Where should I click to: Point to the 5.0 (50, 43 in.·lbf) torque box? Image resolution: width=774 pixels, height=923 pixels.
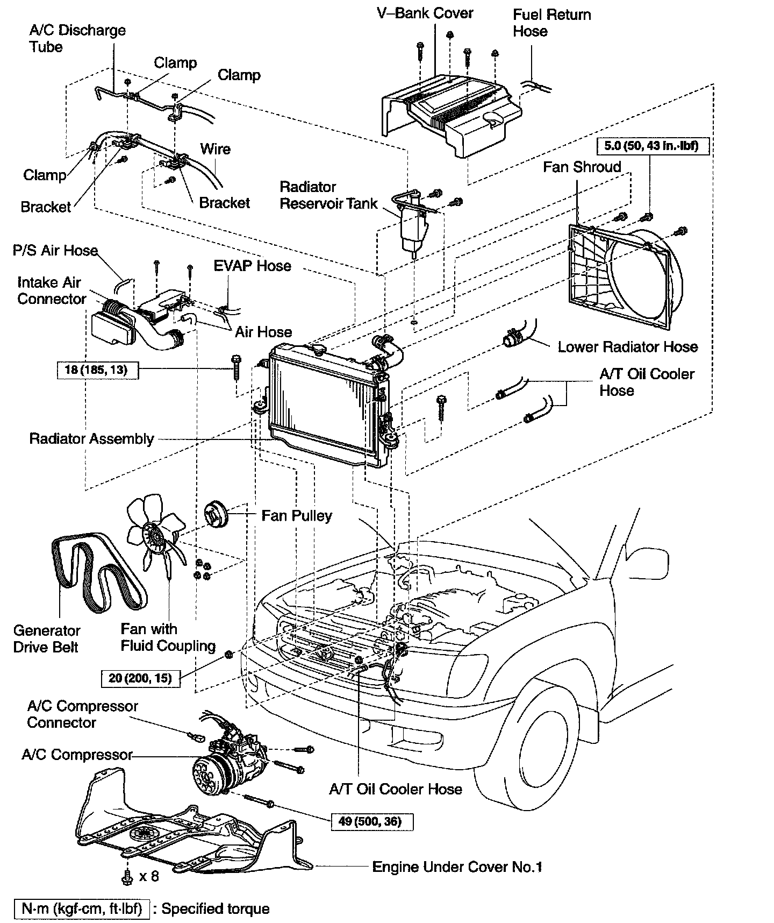pyautogui.click(x=651, y=145)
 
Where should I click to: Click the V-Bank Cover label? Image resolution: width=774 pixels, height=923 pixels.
pyautogui.click(x=425, y=13)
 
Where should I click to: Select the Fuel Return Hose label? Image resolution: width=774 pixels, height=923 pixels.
pyautogui.click(x=551, y=23)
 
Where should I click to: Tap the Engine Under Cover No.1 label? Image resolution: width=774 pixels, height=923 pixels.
pyautogui.click(x=457, y=867)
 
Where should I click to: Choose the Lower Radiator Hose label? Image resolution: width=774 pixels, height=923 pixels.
pyautogui.click(x=627, y=347)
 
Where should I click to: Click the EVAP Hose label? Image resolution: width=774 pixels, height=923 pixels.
pyautogui.click(x=252, y=266)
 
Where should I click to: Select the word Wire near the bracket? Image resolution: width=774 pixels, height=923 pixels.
pyautogui.click(x=215, y=149)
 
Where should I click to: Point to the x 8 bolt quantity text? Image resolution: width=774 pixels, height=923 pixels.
pyautogui.click(x=149, y=876)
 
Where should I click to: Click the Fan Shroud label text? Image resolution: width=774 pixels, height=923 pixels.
pyautogui.click(x=582, y=167)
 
